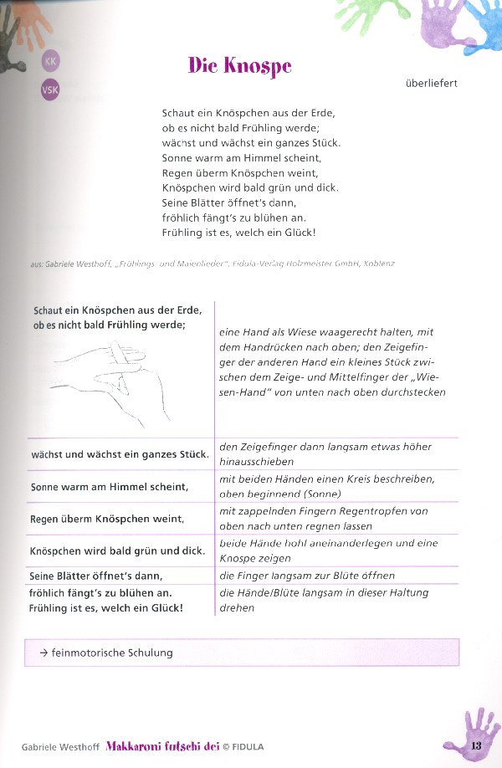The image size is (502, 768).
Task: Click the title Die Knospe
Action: [x=239, y=66]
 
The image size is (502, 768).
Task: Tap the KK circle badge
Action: [x=50, y=61]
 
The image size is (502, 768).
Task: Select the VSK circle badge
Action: [x=50, y=90]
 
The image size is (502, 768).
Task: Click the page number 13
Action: [x=477, y=746]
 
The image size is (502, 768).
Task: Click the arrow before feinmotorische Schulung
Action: [x=43, y=653]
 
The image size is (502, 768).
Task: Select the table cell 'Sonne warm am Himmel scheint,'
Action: [x=110, y=486]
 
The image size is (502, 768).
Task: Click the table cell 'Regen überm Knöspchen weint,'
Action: [x=107, y=520]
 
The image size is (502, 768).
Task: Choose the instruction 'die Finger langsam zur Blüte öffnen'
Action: [x=306, y=576]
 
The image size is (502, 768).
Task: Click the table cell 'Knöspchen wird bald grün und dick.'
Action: [x=118, y=552]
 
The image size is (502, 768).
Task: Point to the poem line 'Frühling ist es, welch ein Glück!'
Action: [x=238, y=233]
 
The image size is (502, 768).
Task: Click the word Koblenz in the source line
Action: [x=378, y=264]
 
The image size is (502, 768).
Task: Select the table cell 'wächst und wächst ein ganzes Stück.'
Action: [x=119, y=454]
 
